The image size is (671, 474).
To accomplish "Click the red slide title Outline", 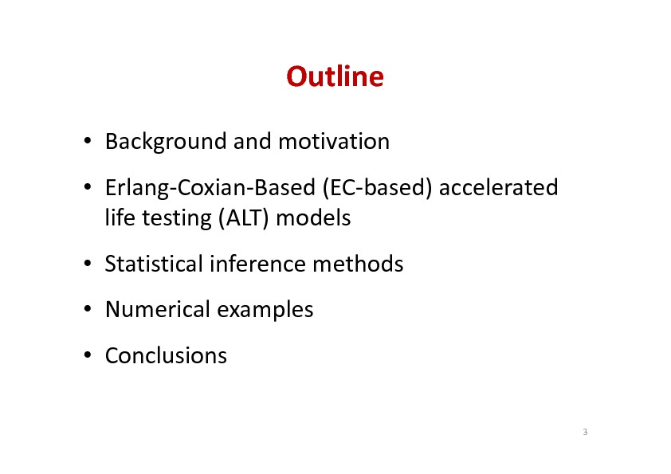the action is pyautogui.click(x=335, y=76).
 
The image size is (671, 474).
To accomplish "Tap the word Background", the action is pyautogui.click(x=166, y=142).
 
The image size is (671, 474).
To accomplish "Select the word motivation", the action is pyautogui.click(x=334, y=141).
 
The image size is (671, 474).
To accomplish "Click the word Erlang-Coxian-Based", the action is pyautogui.click(x=210, y=188).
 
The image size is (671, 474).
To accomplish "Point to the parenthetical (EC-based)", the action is pyautogui.click(x=378, y=188).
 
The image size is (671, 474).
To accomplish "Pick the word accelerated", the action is pyautogui.click(x=499, y=187).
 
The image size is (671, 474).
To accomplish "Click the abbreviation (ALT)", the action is pyautogui.click(x=244, y=218).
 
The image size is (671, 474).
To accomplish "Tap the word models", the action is pyautogui.click(x=313, y=217).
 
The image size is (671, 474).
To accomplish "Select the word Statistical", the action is pyautogui.click(x=154, y=264).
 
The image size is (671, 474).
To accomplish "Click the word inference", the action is pyautogui.click(x=257, y=264).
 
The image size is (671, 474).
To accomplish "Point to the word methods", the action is pyautogui.click(x=358, y=264).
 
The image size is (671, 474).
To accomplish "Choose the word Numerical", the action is pyautogui.click(x=158, y=309).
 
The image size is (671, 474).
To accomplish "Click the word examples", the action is pyautogui.click(x=265, y=310).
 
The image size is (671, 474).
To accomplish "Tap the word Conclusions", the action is pyautogui.click(x=166, y=356).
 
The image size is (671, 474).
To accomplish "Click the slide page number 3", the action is pyautogui.click(x=585, y=432).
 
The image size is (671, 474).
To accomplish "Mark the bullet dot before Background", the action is pyautogui.click(x=88, y=141).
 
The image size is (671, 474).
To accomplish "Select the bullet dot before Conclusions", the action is pyautogui.click(x=88, y=355).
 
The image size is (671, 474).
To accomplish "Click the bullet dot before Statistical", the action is pyautogui.click(x=88, y=263).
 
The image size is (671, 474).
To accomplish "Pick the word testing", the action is pyautogui.click(x=177, y=218).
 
